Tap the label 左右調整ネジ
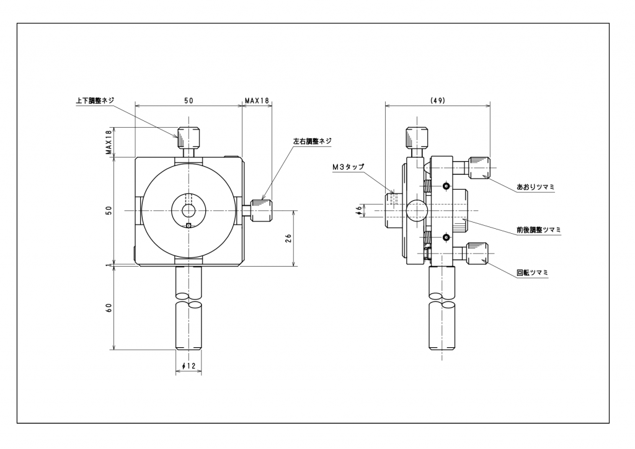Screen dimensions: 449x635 click(x=312, y=141)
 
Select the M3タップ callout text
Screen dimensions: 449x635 click(x=348, y=167)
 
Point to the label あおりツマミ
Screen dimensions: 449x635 click(x=535, y=186)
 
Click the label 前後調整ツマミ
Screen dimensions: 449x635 click(x=538, y=229)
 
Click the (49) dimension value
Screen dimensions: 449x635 click(x=437, y=100)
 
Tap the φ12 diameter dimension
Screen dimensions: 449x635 click(x=189, y=367)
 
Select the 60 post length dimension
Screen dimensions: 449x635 click(x=109, y=308)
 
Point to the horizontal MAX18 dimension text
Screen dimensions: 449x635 click(x=256, y=100)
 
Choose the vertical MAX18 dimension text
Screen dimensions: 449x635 click(x=109, y=142)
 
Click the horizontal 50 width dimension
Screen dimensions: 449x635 click(x=189, y=100)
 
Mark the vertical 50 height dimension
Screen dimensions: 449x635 click(x=109, y=211)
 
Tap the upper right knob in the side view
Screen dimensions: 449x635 click(x=479, y=168)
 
